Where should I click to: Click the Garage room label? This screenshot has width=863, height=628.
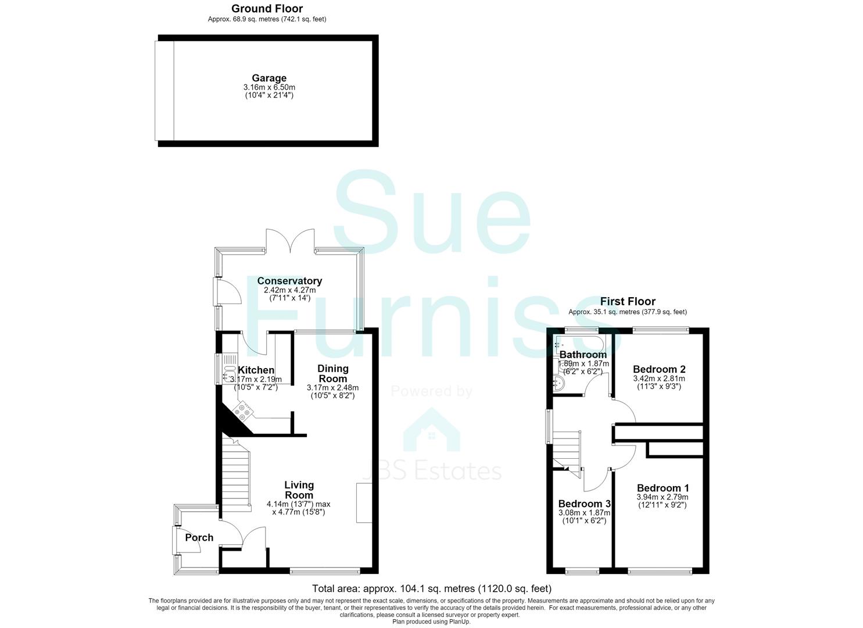click(x=269, y=78)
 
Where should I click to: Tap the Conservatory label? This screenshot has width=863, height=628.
click(x=289, y=281)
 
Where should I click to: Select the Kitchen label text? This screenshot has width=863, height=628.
click(x=256, y=370)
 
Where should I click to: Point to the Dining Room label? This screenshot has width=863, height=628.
click(x=333, y=373)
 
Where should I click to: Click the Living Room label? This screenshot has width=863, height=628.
click(x=299, y=490)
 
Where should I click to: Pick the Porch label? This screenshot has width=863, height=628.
click(x=199, y=537)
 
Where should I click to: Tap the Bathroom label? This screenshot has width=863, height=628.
click(x=583, y=354)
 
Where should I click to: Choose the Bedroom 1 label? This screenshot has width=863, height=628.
click(x=663, y=488)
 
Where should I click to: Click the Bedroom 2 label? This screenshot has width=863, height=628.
click(x=659, y=369)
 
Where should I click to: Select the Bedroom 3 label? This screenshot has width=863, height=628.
click(x=585, y=504)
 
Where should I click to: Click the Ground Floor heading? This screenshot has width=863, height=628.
click(x=267, y=9)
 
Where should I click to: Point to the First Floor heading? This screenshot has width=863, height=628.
click(x=628, y=301)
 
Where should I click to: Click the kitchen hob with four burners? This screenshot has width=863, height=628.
click(x=243, y=412)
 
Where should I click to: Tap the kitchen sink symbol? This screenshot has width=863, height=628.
click(x=228, y=374)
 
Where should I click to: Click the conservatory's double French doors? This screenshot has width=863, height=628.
click(x=290, y=241)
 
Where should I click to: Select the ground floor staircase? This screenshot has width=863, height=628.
click(x=237, y=474)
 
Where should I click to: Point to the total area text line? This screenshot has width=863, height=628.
click(x=431, y=588)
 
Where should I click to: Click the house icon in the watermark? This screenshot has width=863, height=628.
click(x=431, y=430)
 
